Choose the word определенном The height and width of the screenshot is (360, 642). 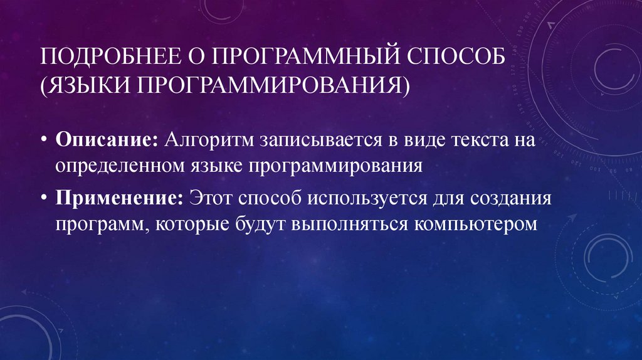118,166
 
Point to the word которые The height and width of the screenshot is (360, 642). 192,225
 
